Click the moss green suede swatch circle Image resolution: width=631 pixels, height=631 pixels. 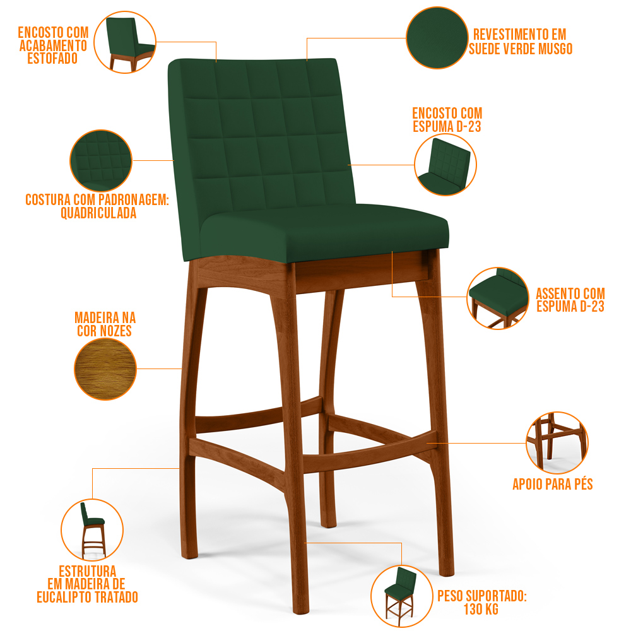tap(437, 38)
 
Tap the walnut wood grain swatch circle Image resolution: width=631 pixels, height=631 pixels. tap(105, 369)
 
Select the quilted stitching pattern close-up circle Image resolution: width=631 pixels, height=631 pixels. tap(101, 160)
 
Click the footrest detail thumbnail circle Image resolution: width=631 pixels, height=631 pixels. tap(557, 443)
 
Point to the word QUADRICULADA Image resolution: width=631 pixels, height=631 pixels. tap(98, 213)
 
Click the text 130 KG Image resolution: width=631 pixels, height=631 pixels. tap(481, 610)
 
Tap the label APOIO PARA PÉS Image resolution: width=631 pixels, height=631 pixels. tap(553, 484)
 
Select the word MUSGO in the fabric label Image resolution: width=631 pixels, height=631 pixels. tap(555, 49)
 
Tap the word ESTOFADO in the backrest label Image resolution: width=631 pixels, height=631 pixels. tap(53, 58)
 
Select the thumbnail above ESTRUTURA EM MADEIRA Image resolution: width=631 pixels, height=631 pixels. tap(92, 530)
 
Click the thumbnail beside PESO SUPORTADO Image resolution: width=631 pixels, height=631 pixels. tap(401, 596)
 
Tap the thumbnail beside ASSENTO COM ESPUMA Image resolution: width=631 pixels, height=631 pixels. tap(498, 298)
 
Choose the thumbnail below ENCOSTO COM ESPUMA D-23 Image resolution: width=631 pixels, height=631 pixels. tap(445, 165)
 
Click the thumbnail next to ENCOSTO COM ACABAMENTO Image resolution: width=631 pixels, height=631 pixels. tap(125, 42)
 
